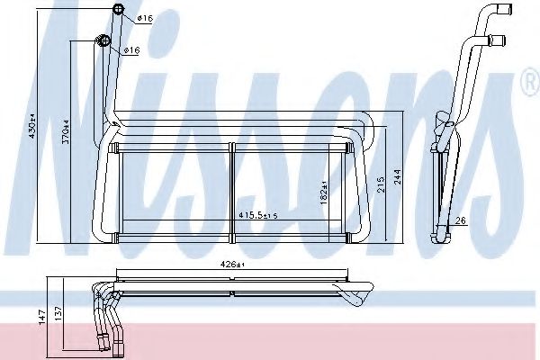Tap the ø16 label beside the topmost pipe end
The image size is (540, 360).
[x=146, y=19]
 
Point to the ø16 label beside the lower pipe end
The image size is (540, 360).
[x=130, y=49]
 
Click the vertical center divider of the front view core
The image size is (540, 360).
[x=232, y=188]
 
